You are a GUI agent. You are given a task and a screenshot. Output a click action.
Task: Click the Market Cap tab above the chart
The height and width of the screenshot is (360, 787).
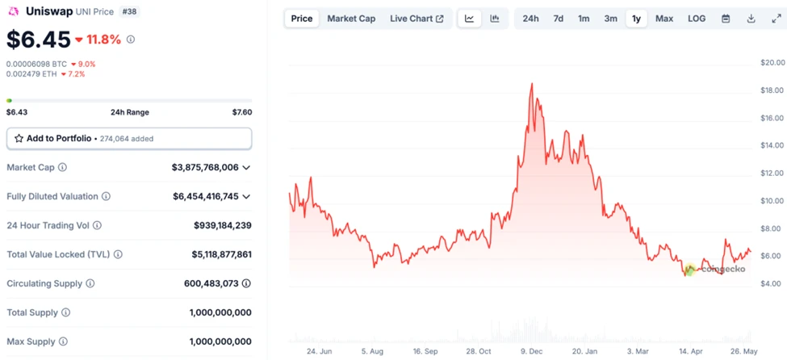coord(351,19)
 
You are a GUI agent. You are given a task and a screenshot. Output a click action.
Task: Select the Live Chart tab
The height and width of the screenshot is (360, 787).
coord(416,19)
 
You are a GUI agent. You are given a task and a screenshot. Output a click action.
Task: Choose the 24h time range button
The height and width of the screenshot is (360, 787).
coord(530,19)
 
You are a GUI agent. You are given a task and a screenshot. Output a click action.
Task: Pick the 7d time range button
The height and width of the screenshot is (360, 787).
coord(558,19)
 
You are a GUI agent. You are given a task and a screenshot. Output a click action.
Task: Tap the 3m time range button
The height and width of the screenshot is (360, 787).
coord(611,19)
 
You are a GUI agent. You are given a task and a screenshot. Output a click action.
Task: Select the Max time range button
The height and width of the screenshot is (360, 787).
coord(664,19)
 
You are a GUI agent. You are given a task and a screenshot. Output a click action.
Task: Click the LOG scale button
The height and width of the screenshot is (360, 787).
coord(696,19)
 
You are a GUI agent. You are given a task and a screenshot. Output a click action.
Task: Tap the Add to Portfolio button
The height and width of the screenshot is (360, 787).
coord(129,139)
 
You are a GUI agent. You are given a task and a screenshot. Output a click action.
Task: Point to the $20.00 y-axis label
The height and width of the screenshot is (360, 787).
coord(772,63)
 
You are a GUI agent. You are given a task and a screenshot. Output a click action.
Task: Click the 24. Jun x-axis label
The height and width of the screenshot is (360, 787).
coord(320,351)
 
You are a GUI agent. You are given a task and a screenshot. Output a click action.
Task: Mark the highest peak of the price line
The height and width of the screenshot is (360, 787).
coord(532,83)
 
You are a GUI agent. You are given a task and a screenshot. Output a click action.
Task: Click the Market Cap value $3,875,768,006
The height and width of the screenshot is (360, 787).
coord(205,168)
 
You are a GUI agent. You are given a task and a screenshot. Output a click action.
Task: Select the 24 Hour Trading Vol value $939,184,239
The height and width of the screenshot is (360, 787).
coord(222,226)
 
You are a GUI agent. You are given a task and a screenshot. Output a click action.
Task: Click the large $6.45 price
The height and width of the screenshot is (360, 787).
coord(37,39)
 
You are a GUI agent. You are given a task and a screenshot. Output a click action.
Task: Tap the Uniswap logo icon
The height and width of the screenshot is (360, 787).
coord(13,11)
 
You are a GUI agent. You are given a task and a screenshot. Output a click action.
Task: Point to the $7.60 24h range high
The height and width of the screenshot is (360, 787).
coord(241,112)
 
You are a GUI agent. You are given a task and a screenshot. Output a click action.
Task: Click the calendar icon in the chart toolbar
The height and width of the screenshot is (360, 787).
coord(726,19)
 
